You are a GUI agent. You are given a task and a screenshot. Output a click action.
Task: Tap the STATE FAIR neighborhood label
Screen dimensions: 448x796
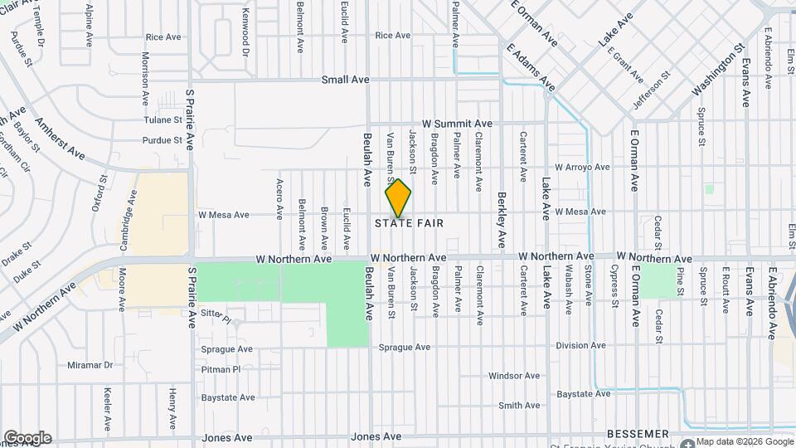pyautogui.click(x=409, y=223)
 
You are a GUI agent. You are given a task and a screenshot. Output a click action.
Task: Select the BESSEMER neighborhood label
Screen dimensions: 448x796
pyautogui.click(x=638, y=434)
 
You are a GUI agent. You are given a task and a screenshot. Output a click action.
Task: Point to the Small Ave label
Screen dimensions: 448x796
pyautogui.click(x=346, y=80)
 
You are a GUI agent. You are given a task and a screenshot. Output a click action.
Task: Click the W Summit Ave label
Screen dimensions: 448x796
pyautogui.click(x=457, y=123)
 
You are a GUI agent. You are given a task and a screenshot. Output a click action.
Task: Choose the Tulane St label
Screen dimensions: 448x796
pyautogui.click(x=163, y=119)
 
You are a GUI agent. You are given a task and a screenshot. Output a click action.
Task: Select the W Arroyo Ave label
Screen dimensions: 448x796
pyautogui.click(x=582, y=167)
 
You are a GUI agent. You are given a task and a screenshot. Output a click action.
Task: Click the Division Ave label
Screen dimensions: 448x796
pyautogui.click(x=583, y=346)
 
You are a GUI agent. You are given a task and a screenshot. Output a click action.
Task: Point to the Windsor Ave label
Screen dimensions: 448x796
pyautogui.click(x=514, y=376)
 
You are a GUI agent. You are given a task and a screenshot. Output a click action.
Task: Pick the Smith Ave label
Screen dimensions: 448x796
pyautogui.click(x=519, y=406)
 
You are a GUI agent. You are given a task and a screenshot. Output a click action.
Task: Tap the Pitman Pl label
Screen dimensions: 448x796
pyautogui.click(x=221, y=369)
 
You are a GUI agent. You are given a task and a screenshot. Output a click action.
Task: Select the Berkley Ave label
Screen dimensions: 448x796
pyautogui.click(x=502, y=221)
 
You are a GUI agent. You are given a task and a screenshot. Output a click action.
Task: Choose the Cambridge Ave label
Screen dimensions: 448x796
pyautogui.click(x=131, y=213)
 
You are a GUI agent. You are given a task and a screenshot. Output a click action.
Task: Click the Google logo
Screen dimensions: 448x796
pyautogui.click(x=27, y=437)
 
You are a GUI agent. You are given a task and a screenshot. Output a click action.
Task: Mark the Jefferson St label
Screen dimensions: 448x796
pyautogui.click(x=652, y=90)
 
